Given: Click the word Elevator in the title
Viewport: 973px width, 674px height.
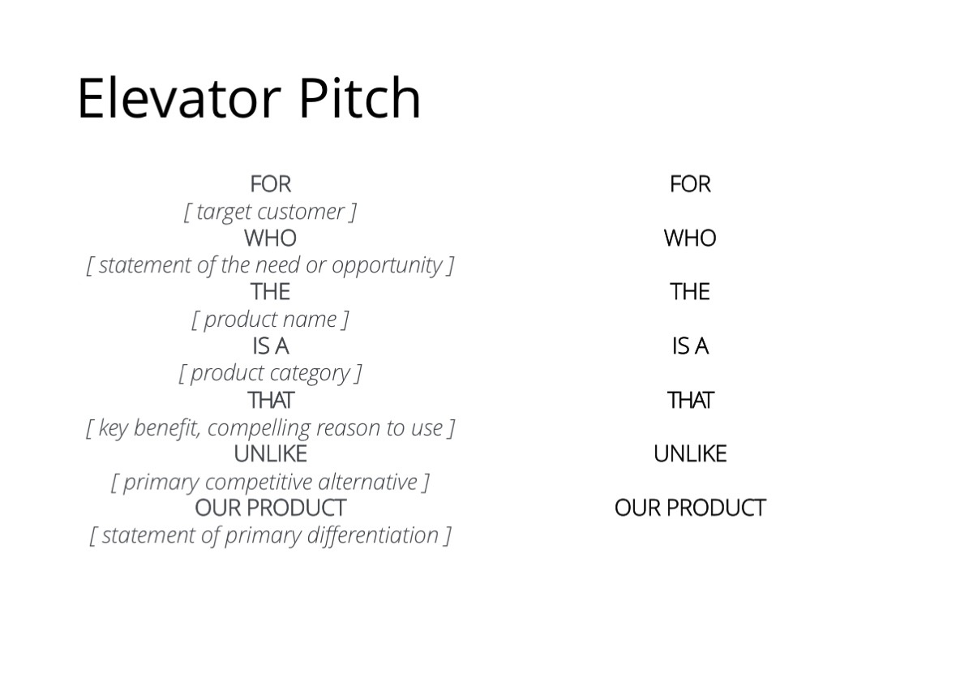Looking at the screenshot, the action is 179,97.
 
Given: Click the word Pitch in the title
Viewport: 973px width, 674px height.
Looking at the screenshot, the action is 360,97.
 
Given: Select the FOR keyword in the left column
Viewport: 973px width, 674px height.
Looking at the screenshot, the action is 270,184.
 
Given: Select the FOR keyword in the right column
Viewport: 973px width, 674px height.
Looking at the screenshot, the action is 690,184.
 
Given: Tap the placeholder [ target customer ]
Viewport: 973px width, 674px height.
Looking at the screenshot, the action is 270,213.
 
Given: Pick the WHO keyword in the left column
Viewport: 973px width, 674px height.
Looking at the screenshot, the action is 270,238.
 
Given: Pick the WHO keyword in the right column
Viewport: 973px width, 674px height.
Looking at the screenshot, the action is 690,238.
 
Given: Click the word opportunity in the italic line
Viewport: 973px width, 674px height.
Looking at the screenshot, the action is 387,266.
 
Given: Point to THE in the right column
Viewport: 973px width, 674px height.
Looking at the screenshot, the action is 690,292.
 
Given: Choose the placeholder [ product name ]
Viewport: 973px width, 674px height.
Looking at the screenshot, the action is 270,320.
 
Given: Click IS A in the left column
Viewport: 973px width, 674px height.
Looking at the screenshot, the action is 270,346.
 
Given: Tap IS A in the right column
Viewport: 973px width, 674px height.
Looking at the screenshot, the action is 690,346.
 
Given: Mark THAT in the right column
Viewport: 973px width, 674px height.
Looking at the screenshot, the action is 690,400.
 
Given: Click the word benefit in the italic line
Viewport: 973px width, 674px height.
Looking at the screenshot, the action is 167,428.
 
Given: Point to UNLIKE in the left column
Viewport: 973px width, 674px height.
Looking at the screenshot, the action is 270,454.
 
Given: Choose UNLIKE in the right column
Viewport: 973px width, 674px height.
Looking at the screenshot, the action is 690,454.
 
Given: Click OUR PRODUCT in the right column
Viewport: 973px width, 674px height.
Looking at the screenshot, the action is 690,508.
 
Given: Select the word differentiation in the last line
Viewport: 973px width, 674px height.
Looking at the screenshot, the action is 373,535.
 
